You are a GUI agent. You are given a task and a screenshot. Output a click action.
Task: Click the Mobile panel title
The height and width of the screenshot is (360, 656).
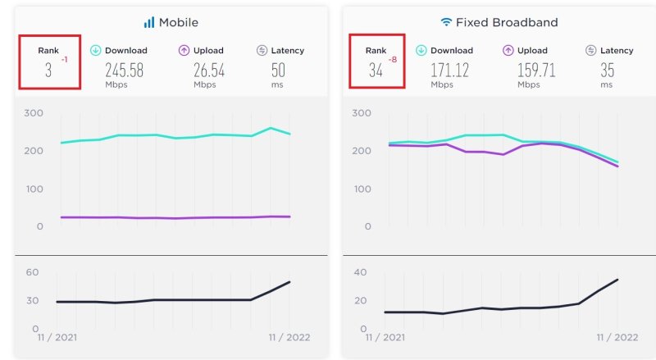[x=178, y=22]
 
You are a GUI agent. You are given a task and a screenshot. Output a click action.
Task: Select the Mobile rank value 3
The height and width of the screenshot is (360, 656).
[x=48, y=71]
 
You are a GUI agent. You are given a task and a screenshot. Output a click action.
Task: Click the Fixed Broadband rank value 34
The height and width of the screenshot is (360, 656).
[x=376, y=71]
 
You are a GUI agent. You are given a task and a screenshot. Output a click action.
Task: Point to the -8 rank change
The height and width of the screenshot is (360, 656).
[x=392, y=60]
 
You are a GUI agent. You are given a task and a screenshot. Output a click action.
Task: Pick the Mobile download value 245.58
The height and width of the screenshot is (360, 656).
[x=124, y=71]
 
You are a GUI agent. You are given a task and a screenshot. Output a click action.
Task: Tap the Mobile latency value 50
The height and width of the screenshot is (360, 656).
[x=278, y=71]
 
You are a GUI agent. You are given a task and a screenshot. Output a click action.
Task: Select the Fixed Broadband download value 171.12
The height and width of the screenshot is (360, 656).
[x=450, y=71]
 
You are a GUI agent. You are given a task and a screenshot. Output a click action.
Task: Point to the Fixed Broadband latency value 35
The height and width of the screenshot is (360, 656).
[x=607, y=71]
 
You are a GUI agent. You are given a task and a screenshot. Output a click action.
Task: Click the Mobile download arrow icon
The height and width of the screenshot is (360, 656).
[x=95, y=50]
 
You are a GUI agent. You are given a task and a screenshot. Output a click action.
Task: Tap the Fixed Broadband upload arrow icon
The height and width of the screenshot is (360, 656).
[x=508, y=50]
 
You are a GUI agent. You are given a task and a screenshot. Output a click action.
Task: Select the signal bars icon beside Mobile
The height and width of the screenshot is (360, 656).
[x=149, y=22]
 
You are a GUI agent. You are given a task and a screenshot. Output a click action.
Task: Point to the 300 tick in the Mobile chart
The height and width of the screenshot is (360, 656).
[x=33, y=113]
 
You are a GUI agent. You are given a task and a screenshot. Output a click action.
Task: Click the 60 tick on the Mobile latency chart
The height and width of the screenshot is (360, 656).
[x=33, y=272]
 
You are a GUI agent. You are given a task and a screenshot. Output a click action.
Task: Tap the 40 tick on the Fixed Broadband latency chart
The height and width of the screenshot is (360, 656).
[x=361, y=272]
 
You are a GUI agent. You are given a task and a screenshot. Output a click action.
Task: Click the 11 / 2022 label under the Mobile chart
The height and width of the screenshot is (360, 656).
[x=287, y=337]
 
